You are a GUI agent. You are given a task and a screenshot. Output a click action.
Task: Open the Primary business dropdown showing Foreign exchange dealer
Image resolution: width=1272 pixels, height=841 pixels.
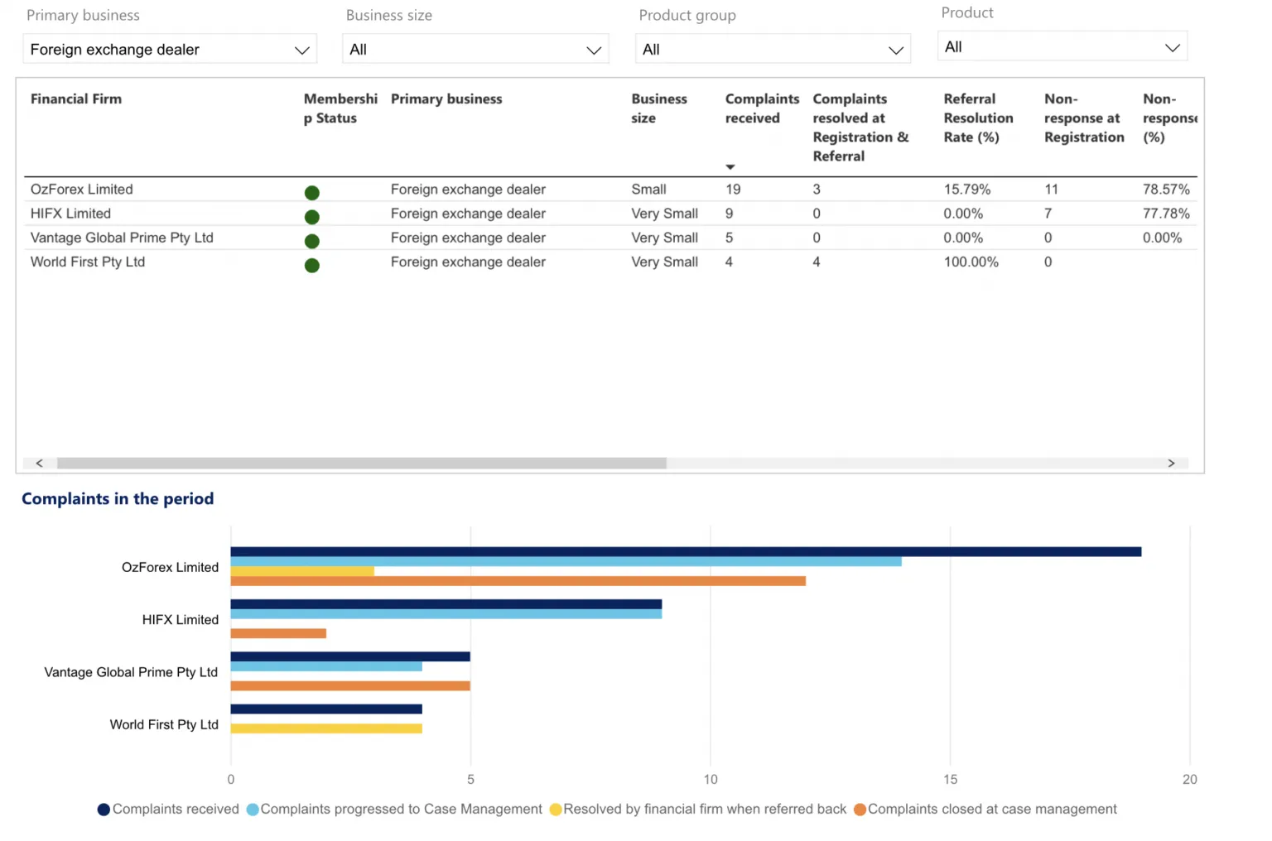click(170, 50)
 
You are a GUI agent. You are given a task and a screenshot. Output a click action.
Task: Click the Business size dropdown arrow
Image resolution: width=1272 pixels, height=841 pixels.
click(594, 50)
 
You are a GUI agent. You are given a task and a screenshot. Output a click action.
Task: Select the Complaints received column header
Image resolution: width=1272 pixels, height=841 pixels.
click(762, 108)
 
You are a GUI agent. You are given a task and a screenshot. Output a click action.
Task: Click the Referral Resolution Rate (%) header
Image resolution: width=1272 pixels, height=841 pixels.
click(978, 118)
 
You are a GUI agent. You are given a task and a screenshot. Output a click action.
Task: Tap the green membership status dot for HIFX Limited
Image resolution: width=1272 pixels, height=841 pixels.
click(311, 217)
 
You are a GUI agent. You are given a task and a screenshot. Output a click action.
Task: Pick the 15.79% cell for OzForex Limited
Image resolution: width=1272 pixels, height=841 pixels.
click(967, 190)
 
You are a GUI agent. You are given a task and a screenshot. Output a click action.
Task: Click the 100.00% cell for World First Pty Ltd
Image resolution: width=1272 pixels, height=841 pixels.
click(971, 262)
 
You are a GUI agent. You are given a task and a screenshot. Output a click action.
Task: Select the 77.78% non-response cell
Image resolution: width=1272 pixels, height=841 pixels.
click(1166, 214)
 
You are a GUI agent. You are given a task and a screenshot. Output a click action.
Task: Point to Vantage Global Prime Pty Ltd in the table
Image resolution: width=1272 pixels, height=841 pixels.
click(122, 238)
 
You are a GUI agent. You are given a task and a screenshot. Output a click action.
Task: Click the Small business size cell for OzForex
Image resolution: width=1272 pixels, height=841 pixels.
click(648, 190)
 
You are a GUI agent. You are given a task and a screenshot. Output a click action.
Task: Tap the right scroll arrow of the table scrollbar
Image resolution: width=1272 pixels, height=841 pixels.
click(1171, 463)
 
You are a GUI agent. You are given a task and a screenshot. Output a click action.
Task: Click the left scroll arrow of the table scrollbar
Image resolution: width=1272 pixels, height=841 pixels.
click(39, 463)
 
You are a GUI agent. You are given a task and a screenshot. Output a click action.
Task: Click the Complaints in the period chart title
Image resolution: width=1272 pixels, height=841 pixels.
click(118, 498)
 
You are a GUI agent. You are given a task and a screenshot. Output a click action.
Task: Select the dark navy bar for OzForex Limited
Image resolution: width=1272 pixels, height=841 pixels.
click(686, 551)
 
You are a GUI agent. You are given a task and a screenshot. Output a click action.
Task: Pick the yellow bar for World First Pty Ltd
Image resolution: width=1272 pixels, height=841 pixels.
click(326, 728)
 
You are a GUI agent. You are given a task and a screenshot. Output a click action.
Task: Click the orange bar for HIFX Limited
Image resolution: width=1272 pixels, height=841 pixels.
click(278, 633)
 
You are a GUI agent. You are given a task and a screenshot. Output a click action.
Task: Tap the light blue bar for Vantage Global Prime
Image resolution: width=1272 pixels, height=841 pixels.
click(326, 666)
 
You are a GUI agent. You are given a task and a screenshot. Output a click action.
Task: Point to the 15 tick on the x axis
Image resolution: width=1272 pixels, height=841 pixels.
click(950, 780)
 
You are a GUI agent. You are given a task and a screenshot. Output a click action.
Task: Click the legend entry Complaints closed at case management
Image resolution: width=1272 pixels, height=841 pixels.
click(985, 810)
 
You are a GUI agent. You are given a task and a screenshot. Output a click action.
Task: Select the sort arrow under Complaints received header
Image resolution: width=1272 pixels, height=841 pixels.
click(730, 167)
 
